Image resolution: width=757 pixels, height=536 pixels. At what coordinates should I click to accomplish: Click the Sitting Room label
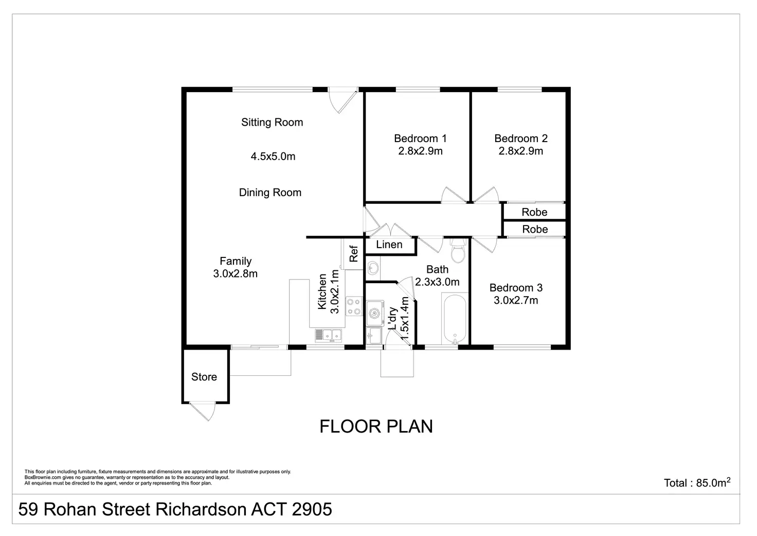point(272,123)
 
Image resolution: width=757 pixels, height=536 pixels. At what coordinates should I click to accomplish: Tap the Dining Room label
point(270,193)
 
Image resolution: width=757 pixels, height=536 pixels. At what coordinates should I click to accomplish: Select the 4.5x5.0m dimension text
point(273,157)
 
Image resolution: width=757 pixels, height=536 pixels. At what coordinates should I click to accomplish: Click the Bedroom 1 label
point(420,139)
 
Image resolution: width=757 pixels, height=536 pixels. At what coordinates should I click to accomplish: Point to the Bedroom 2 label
point(520,139)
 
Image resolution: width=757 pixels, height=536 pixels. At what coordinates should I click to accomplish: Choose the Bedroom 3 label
point(516,288)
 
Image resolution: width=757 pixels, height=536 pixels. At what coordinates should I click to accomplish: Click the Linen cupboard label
point(389,245)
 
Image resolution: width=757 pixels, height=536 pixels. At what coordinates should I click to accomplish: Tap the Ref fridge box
point(353,253)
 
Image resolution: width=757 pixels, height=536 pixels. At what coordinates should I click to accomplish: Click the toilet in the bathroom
point(457,252)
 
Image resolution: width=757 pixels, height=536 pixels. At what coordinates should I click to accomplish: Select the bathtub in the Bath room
point(455,319)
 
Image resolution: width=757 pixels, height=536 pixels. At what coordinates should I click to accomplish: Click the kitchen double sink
point(329,335)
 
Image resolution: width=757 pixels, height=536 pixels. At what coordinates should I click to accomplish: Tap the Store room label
point(204,377)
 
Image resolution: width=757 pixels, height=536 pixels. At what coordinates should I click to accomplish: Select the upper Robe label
point(534,212)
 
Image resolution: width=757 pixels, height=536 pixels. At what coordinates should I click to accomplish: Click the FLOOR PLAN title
point(376,426)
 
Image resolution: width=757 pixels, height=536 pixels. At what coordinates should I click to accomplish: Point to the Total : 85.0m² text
point(697,483)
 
